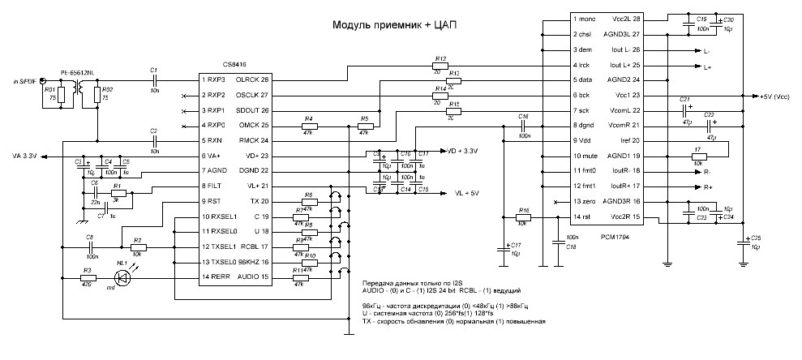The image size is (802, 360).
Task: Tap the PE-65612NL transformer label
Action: pos(79,71)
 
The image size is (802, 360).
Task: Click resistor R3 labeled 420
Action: pos(88,278)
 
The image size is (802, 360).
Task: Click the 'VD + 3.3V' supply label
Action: pos(462,151)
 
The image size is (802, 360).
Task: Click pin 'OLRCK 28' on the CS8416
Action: pos(252,79)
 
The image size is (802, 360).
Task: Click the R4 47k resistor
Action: pos(309,126)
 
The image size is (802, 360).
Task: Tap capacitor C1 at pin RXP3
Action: pos(154,79)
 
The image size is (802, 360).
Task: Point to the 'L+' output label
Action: pos(708,66)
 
